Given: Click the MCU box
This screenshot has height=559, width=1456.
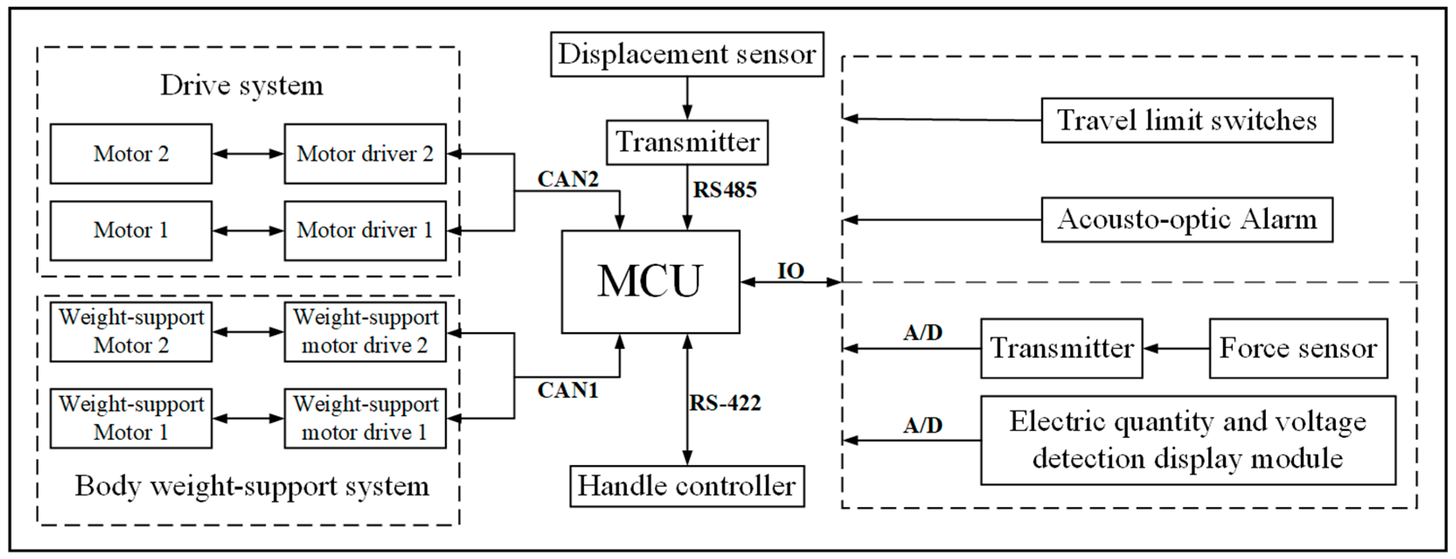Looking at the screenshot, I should (650, 281).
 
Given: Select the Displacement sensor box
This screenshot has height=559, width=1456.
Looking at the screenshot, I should (687, 54).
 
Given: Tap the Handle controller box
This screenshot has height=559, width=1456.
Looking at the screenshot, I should (687, 486).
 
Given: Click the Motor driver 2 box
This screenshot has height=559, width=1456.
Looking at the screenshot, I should (364, 154).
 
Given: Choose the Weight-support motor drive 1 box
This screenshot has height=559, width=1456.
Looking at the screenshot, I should (364, 418).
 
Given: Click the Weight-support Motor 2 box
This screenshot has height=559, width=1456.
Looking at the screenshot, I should (131, 332).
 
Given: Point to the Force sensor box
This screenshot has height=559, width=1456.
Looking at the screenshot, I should (1298, 348).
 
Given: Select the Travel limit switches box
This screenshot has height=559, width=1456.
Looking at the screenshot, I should (1186, 120).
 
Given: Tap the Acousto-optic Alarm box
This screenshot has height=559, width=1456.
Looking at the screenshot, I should (1186, 219).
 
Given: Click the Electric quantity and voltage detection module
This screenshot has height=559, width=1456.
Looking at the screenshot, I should (1188, 440).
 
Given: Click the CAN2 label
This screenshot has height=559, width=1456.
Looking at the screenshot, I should (568, 179).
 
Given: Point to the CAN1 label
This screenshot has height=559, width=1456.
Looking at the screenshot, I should (568, 390).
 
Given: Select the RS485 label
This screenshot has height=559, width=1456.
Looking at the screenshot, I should (725, 190).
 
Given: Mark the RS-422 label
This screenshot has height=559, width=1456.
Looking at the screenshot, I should (725, 403).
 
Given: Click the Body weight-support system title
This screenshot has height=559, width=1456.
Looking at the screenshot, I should (252, 486).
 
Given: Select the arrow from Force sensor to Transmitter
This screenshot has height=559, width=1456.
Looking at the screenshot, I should (1175, 348).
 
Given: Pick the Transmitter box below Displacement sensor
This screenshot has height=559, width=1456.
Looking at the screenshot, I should (687, 142).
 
